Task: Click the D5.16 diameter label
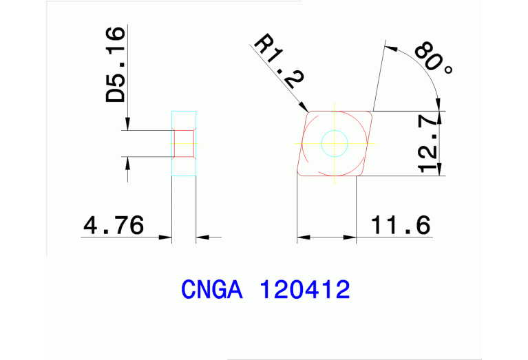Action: point(116,65)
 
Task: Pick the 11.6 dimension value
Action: point(400,225)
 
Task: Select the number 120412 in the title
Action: point(304,290)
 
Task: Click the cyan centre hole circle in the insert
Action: point(335,143)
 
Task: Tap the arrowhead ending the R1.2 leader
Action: point(305,107)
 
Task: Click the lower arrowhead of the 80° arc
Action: point(437,105)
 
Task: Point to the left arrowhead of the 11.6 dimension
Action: point(302,237)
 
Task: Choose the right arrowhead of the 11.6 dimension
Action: point(352,237)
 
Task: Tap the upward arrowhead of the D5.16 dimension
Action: point(128,162)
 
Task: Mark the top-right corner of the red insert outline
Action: point(372,112)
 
